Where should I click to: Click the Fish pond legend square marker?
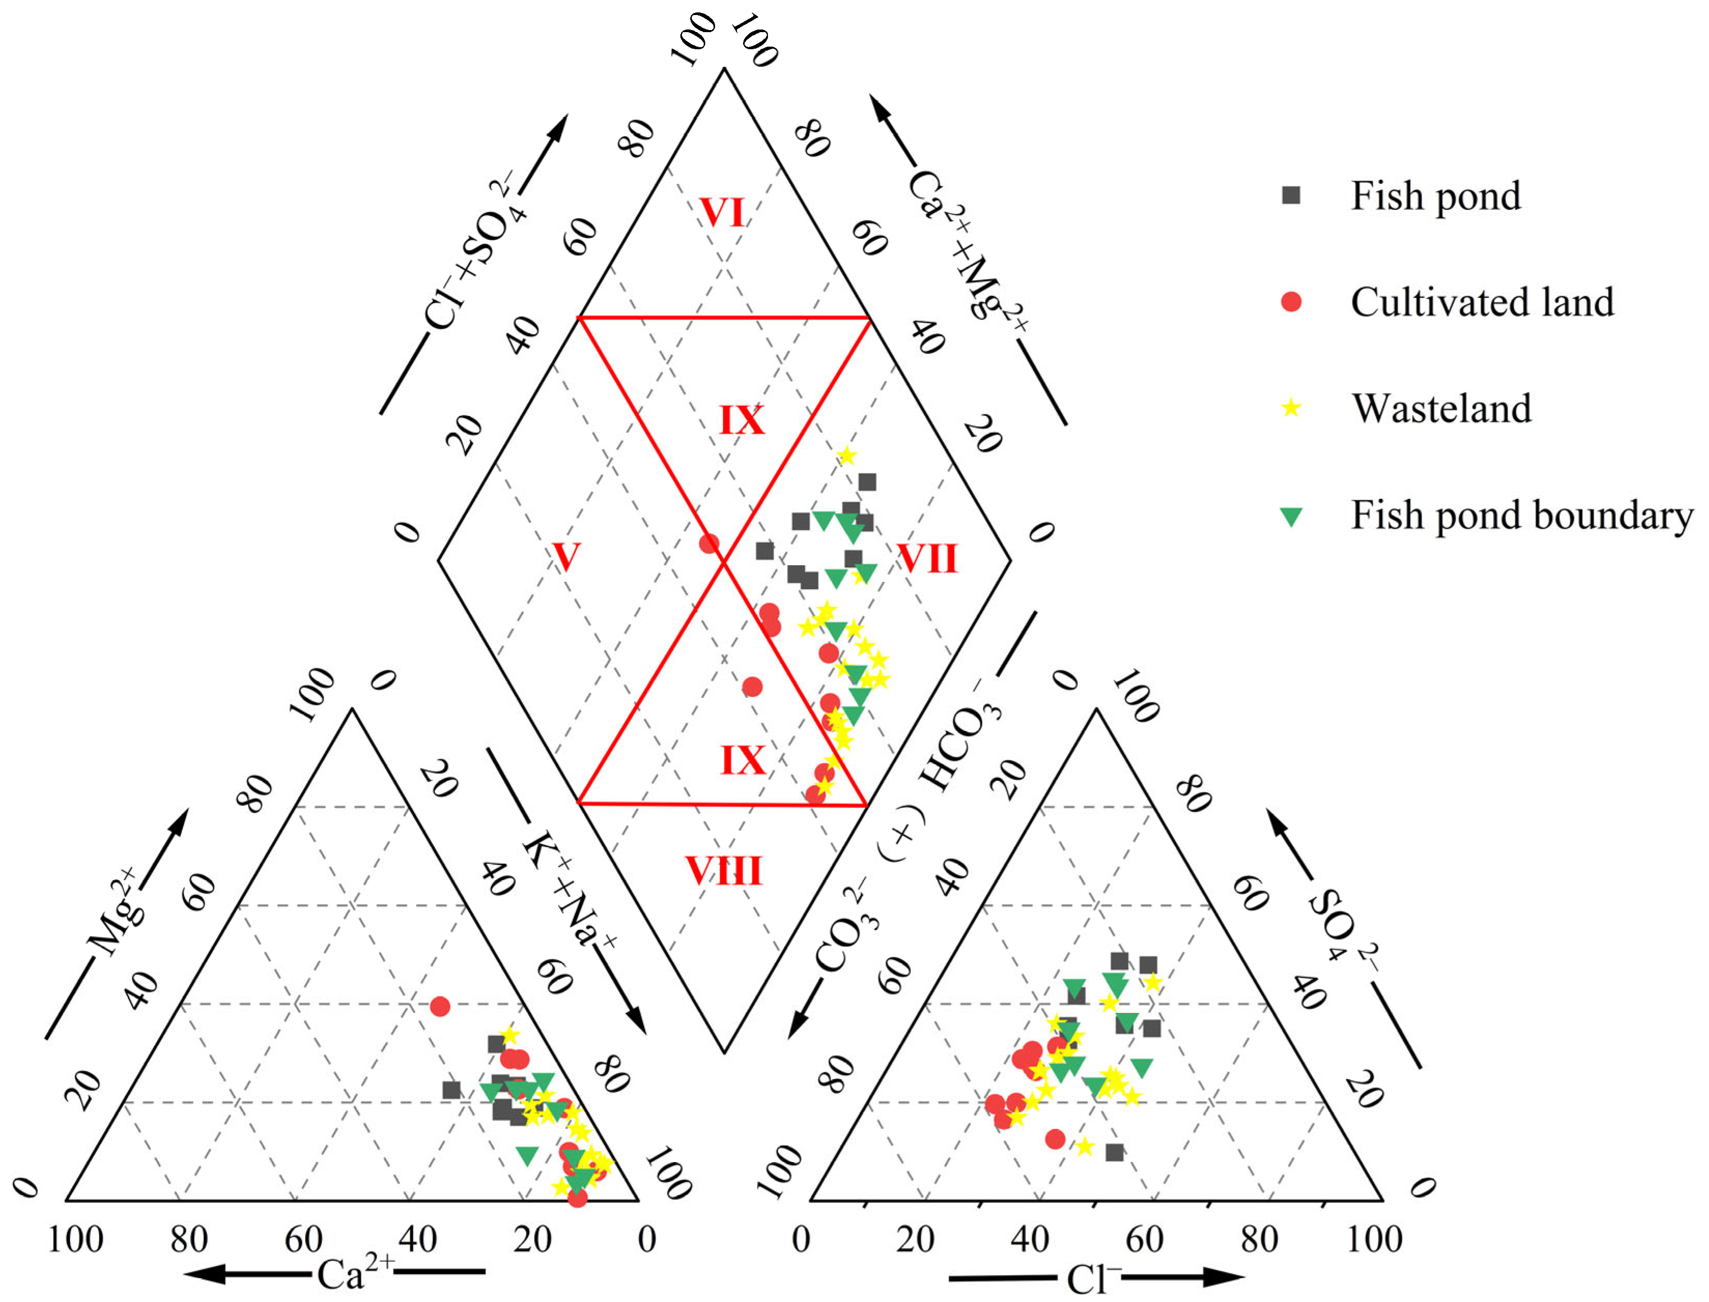click(1290, 195)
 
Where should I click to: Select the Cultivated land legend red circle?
click(1290, 302)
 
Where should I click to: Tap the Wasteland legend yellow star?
click(1290, 408)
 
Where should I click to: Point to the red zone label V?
click(566, 556)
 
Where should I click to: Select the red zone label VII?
click(927, 558)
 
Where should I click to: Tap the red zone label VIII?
click(723, 871)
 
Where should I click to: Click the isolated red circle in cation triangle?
click(439, 1007)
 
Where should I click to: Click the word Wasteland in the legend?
click(1442, 408)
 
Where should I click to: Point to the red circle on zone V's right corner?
click(708, 543)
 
